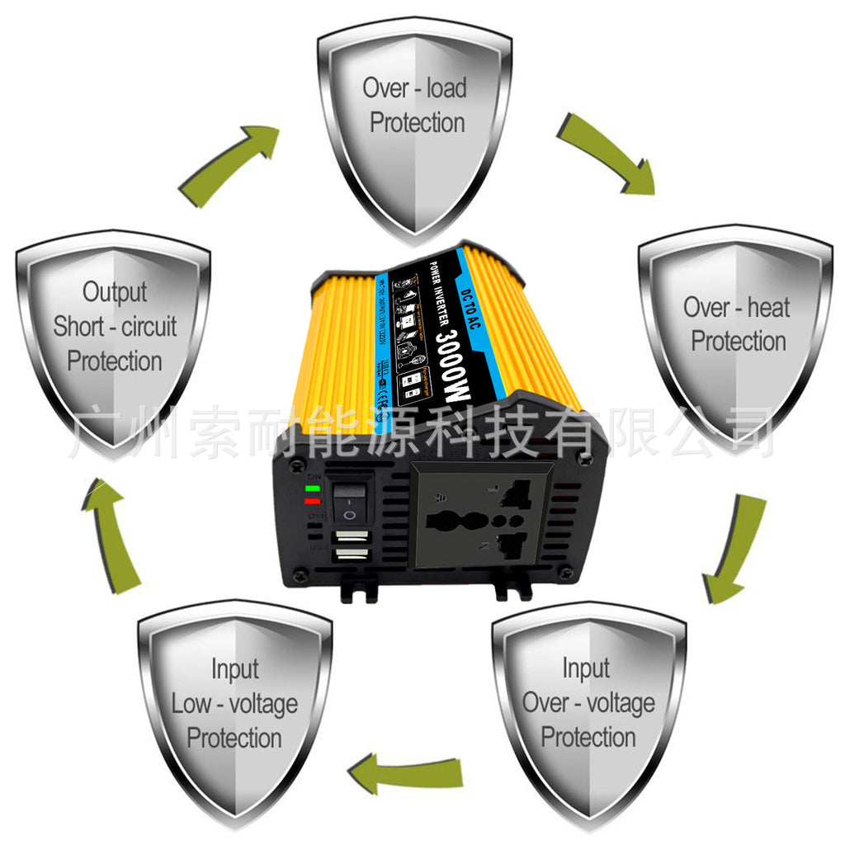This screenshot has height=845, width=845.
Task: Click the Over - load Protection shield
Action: [415, 124]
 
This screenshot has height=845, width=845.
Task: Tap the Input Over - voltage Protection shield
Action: [588, 710]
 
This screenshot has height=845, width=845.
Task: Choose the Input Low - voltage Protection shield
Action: [234, 710]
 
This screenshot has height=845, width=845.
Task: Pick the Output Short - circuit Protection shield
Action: [113, 330]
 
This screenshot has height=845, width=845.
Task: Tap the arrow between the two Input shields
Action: [404, 772]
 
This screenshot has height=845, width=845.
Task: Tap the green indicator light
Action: [312, 489]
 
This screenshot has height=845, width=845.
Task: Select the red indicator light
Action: [312, 501]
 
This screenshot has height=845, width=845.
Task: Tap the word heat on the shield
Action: [769, 308]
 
